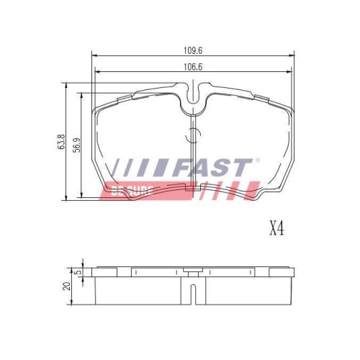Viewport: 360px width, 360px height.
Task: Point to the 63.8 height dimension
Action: (62, 140)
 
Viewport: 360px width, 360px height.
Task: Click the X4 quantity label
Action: (277, 230)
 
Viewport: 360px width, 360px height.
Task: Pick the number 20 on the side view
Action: (67, 286)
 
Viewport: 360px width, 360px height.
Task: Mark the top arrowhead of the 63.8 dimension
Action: (67, 84)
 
